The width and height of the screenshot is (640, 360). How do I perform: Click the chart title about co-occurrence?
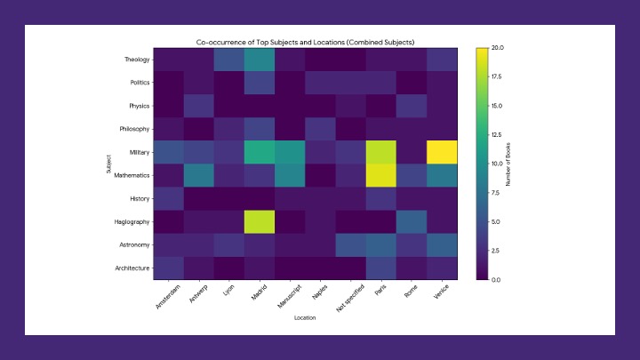[x=304, y=42]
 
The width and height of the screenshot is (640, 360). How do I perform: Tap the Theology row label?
[x=138, y=60]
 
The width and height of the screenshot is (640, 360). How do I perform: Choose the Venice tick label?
[x=440, y=293]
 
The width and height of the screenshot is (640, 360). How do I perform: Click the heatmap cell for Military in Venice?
[x=442, y=152]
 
